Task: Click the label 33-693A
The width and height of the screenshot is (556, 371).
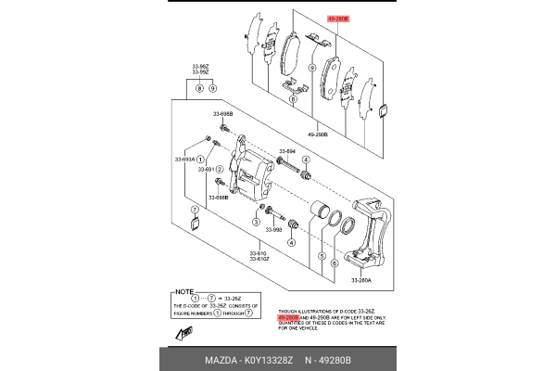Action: (x=185, y=159)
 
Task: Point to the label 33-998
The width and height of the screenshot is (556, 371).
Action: (x=272, y=229)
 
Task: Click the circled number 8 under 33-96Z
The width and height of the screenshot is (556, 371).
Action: (x=198, y=88)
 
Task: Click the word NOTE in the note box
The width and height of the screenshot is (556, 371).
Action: (x=185, y=290)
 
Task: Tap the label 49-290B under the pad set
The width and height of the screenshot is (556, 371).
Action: (x=316, y=133)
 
